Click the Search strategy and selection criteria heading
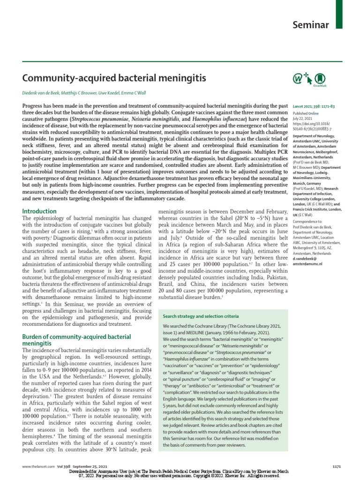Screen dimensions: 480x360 click(x=201, y=316)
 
